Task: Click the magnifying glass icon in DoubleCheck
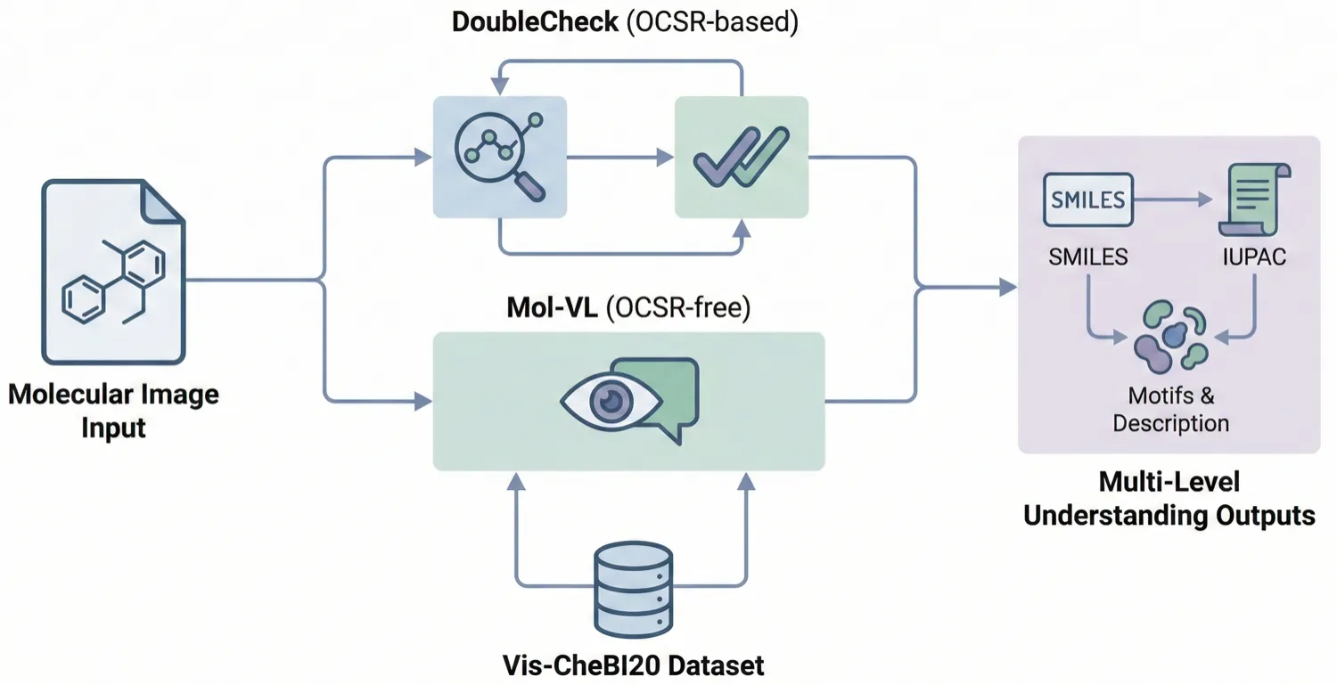pyautogui.click(x=499, y=155)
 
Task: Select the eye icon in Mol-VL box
pyautogui.click(x=611, y=402)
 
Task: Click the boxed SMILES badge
pyautogui.click(x=1087, y=199)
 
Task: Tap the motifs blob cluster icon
pyautogui.click(x=1170, y=335)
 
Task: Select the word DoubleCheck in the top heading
pyautogui.click(x=535, y=22)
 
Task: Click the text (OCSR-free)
pyautogui.click(x=677, y=308)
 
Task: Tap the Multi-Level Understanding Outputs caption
pyautogui.click(x=1169, y=498)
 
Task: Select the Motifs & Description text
pyautogui.click(x=1170, y=408)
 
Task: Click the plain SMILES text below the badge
pyautogui.click(x=1087, y=257)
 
